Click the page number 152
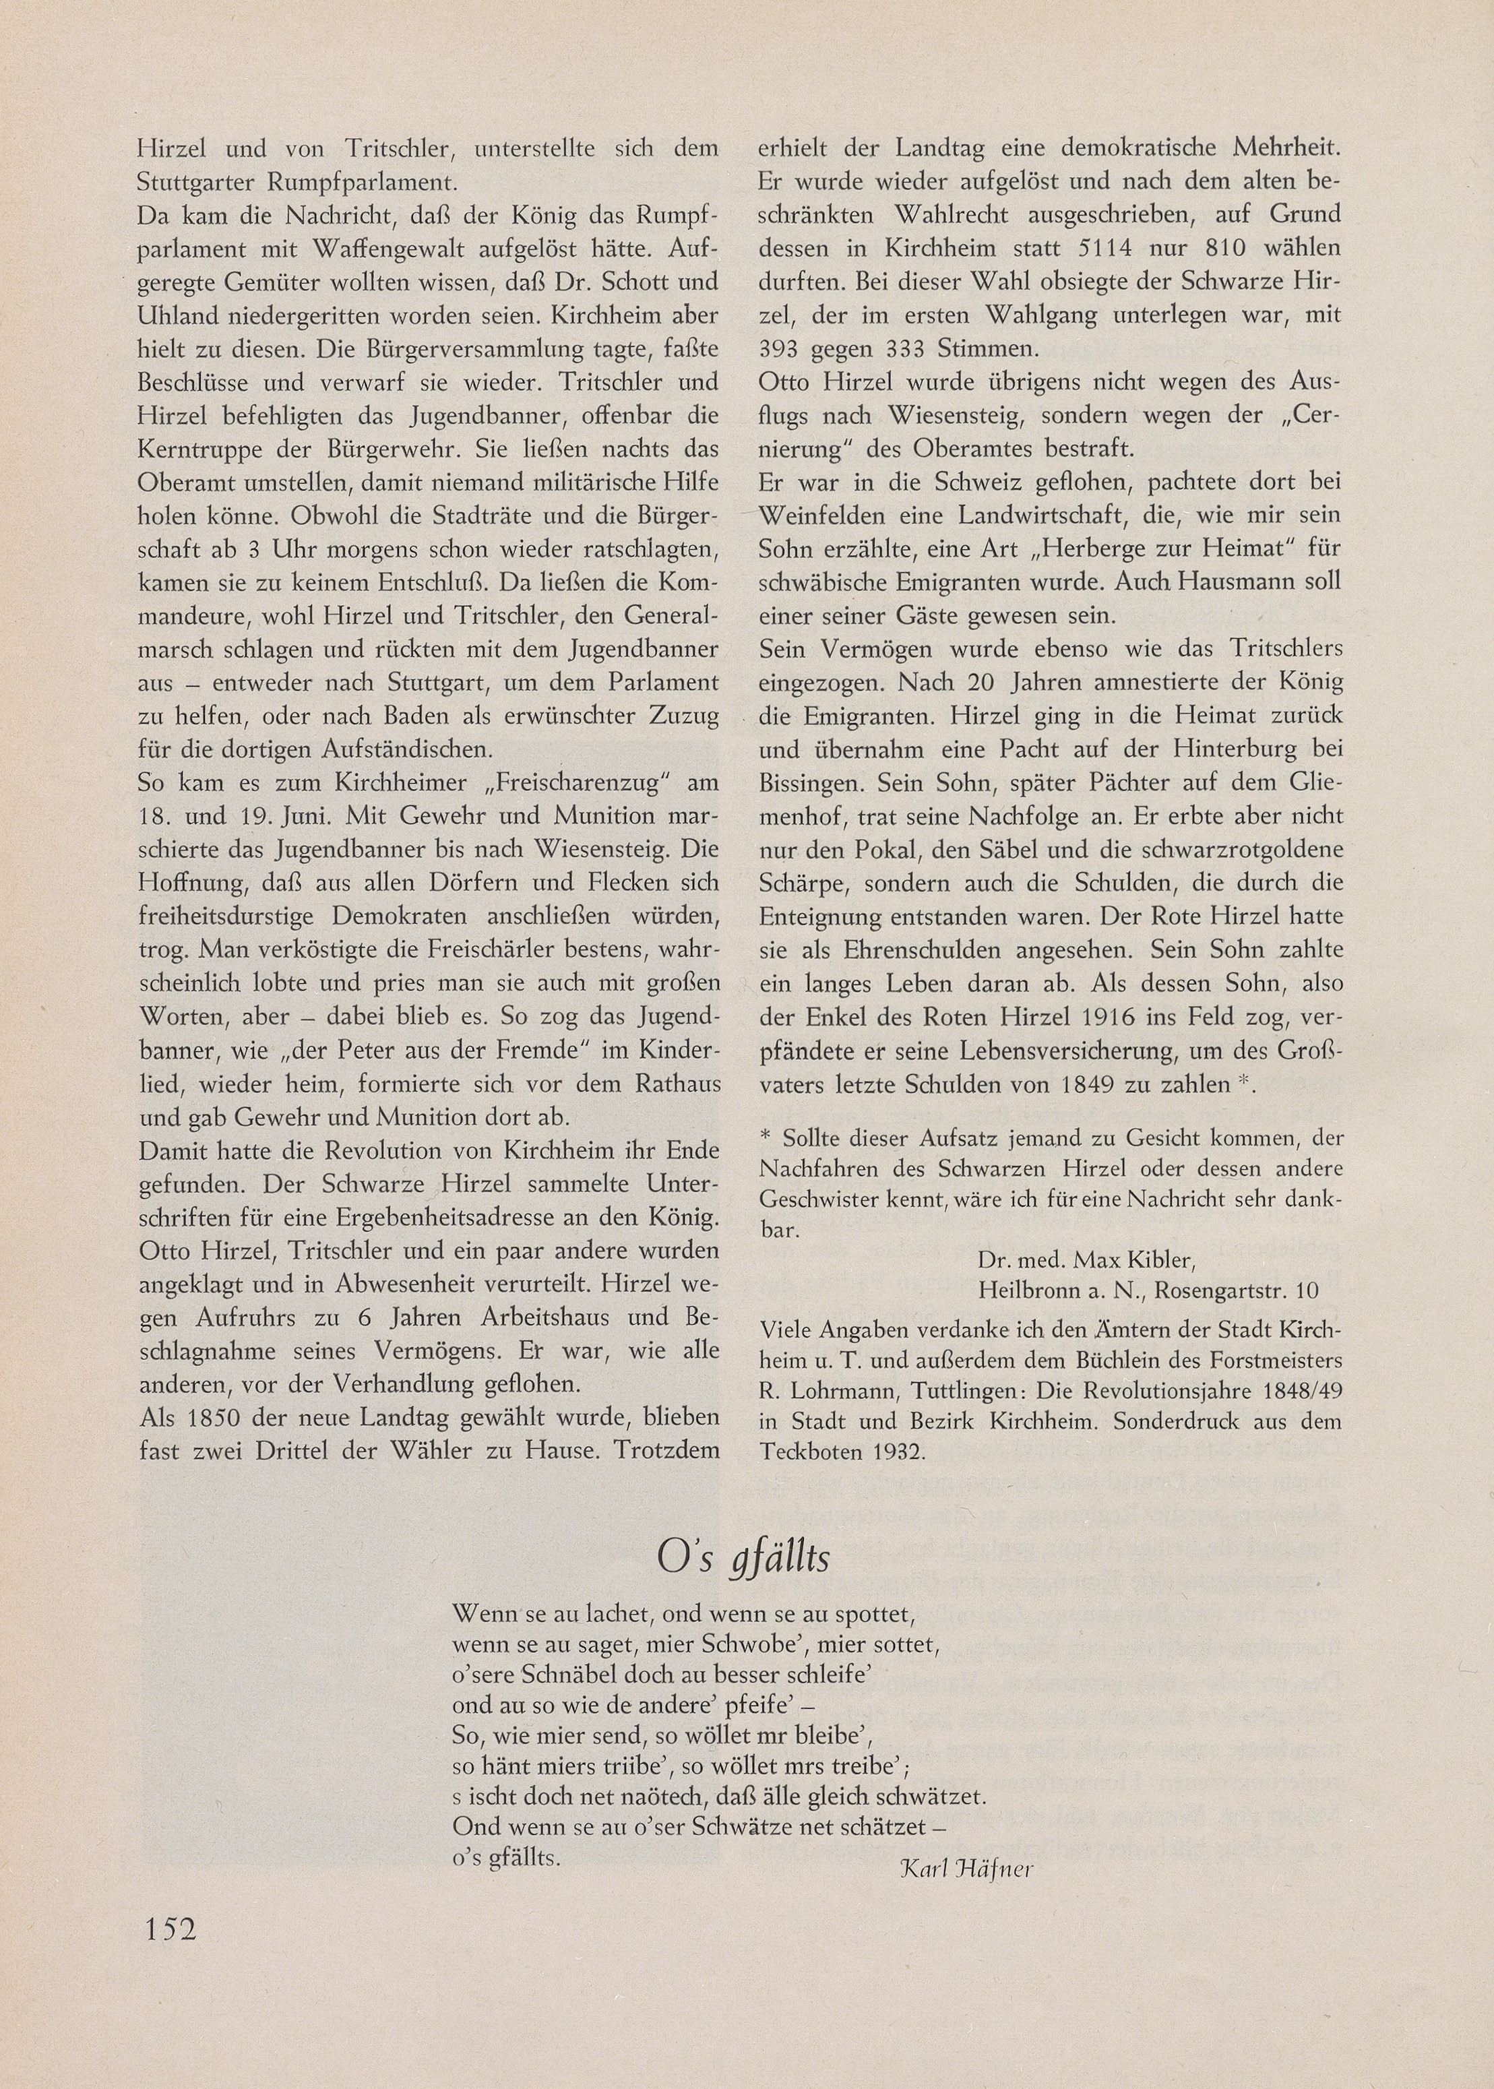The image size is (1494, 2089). pos(170,1927)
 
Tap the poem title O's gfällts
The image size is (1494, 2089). pos(743,1557)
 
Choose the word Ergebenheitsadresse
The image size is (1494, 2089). pos(454,1218)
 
